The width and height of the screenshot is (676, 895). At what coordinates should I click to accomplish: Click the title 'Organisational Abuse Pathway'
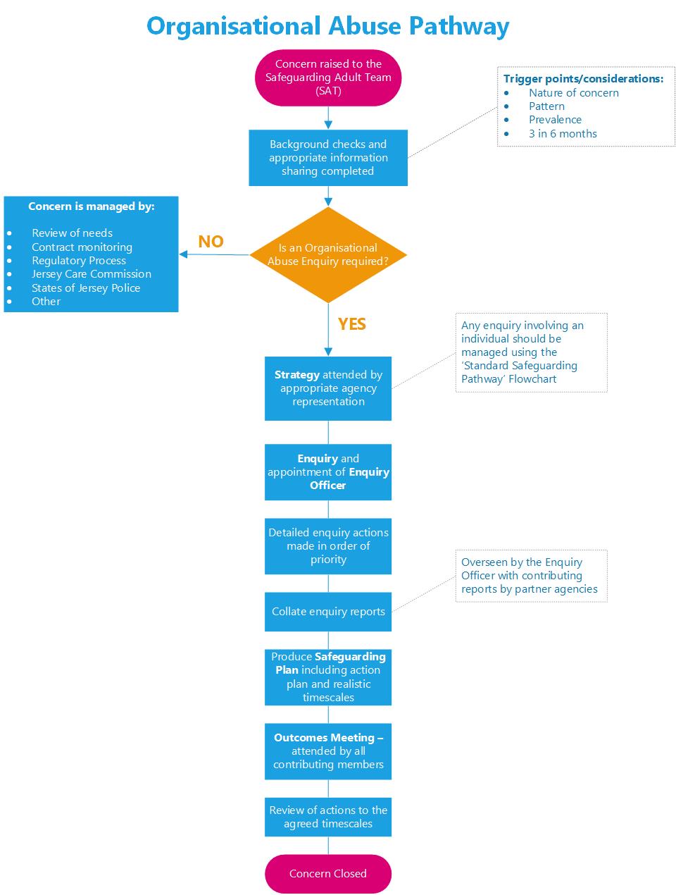pyautogui.click(x=327, y=26)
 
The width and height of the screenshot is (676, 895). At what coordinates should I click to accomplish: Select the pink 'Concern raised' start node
pyautogui.click(x=328, y=78)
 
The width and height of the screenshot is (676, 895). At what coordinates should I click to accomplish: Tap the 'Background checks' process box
pyautogui.click(x=328, y=158)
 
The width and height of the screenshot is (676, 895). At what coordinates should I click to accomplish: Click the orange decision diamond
pyautogui.click(x=328, y=254)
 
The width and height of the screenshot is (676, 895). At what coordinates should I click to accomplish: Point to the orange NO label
pyautogui.click(x=211, y=242)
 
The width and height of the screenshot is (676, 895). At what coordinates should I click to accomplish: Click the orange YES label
pyautogui.click(x=351, y=323)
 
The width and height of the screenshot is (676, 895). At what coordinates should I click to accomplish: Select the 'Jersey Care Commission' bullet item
pyautogui.click(x=91, y=274)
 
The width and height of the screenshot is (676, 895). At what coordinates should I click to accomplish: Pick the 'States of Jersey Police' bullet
pyautogui.click(x=85, y=288)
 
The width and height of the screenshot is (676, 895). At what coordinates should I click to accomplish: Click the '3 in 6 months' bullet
pyautogui.click(x=563, y=133)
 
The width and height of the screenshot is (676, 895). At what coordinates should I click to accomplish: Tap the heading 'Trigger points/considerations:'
pyautogui.click(x=583, y=79)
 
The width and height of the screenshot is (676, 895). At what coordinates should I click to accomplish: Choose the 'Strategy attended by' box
pyautogui.click(x=328, y=388)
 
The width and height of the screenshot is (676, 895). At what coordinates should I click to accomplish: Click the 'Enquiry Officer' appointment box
pyautogui.click(x=328, y=472)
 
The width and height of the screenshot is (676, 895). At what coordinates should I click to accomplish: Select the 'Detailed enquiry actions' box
pyautogui.click(x=328, y=546)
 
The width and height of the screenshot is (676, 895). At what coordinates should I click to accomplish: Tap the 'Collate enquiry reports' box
pyautogui.click(x=328, y=612)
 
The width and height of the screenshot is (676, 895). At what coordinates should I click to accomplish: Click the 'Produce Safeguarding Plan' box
pyautogui.click(x=328, y=677)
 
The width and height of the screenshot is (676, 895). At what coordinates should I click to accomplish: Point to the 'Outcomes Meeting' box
pyautogui.click(x=328, y=751)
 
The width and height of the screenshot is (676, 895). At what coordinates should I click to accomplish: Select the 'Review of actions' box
pyautogui.click(x=328, y=817)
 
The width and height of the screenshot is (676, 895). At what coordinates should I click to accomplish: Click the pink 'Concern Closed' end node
pyautogui.click(x=328, y=874)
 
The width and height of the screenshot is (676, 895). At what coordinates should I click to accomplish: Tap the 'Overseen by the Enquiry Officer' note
pyautogui.click(x=531, y=576)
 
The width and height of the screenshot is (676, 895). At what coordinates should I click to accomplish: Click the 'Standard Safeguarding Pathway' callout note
pyautogui.click(x=531, y=352)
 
